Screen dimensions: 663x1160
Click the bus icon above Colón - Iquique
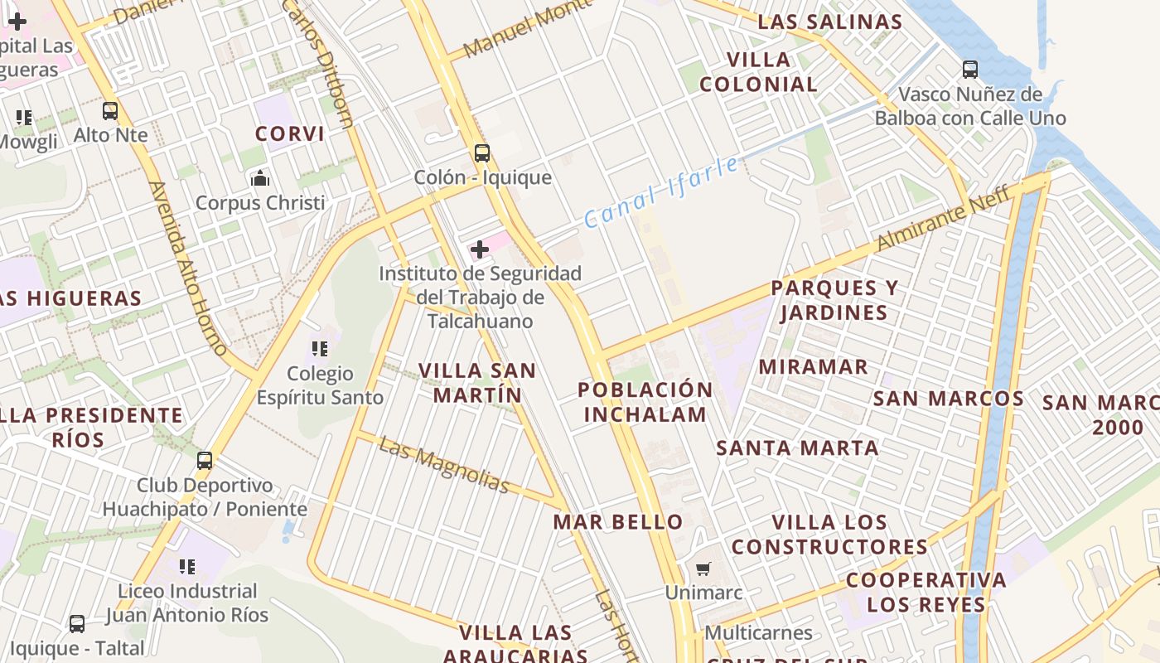pos(481,153)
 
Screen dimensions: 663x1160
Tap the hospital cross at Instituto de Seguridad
pos(480,249)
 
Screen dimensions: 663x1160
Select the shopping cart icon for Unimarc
pos(703,569)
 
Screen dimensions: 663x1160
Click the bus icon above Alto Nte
pos(110,111)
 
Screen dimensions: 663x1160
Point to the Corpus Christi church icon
pos(260,178)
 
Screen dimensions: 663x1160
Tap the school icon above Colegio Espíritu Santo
pos(320,350)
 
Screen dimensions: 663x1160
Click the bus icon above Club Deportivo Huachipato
pos(205,461)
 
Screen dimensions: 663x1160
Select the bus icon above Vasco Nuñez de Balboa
pos(970,70)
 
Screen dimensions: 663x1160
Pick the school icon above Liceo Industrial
pos(187,567)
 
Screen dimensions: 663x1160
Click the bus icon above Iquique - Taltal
pos(77,624)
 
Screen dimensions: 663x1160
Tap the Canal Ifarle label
pos(661,192)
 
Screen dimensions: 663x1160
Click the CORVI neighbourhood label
pos(289,133)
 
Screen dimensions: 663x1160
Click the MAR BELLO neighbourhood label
pos(618,522)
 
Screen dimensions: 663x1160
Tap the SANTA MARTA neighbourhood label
pos(797,448)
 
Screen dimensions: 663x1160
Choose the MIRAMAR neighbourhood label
pos(814,366)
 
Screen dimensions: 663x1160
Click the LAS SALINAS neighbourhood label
pos(829,22)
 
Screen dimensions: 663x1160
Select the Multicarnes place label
pos(758,633)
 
